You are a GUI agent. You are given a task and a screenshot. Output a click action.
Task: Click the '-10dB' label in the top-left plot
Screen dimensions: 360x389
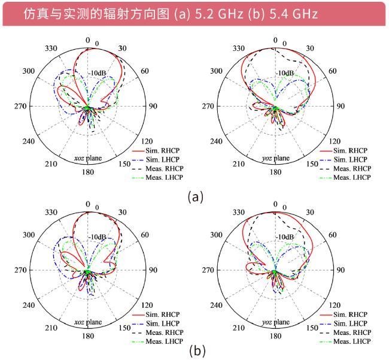[98, 73]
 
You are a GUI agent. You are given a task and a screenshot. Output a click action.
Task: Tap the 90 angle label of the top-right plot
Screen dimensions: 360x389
[339, 107]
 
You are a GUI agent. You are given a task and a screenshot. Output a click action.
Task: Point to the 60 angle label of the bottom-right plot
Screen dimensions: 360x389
[333, 235]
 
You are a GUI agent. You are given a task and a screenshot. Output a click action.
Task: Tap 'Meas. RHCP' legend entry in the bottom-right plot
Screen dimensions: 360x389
[351, 332]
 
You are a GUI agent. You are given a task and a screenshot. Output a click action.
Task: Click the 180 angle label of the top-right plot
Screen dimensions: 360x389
[275, 172]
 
